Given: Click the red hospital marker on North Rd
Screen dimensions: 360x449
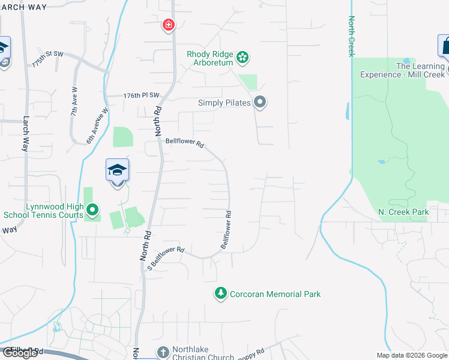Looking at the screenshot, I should (x=169, y=25).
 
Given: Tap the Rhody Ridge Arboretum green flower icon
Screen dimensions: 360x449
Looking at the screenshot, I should (x=243, y=58).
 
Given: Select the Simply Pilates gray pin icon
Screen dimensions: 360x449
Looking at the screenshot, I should (x=260, y=103).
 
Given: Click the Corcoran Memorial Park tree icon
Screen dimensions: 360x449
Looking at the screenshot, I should (x=221, y=293).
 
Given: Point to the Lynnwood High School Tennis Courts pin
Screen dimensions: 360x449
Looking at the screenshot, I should (x=92, y=210).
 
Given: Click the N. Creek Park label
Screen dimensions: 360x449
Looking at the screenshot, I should (x=403, y=212).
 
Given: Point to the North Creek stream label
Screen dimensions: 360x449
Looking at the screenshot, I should (x=351, y=36).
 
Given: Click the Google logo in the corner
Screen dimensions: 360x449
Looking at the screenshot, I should (x=20, y=353).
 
